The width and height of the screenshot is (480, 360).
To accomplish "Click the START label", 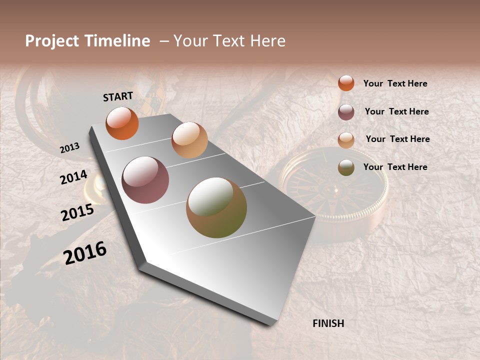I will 118,96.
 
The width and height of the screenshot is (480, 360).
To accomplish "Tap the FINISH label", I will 328,323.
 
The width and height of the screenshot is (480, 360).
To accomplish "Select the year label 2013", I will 69,148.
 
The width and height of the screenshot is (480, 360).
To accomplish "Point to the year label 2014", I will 73,177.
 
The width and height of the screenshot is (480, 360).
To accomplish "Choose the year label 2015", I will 77,212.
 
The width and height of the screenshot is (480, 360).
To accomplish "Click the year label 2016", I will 85,253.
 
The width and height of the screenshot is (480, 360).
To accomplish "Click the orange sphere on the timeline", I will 122,123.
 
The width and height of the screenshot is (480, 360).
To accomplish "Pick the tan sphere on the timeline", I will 189,140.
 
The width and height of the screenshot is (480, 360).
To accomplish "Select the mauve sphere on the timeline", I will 145,180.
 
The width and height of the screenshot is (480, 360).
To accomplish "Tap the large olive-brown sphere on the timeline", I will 216,207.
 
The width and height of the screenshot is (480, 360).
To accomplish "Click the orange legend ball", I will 346,83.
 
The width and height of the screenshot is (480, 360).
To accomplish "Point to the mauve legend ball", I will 346,112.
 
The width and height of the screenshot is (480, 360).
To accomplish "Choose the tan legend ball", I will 346,140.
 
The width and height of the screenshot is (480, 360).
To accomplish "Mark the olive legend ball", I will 346,167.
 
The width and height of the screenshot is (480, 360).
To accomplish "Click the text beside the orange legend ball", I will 395,83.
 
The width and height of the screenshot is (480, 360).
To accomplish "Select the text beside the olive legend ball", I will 395,167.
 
